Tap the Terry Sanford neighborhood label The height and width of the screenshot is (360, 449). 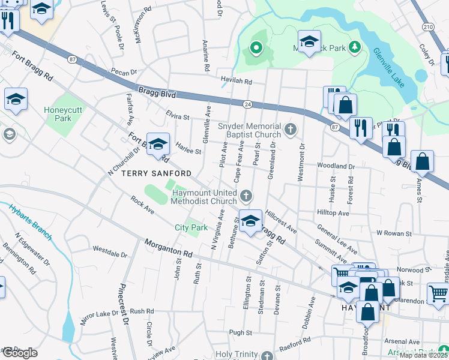(x=148, y=173)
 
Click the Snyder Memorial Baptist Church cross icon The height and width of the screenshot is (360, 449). (x=291, y=129)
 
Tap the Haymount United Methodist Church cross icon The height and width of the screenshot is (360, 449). (x=246, y=196)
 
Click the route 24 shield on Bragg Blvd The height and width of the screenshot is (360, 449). (x=247, y=104)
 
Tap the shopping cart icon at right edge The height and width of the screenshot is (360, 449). (x=438, y=293)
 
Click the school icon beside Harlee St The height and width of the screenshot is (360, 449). (x=158, y=145)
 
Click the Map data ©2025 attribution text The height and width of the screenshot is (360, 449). (x=424, y=355)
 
